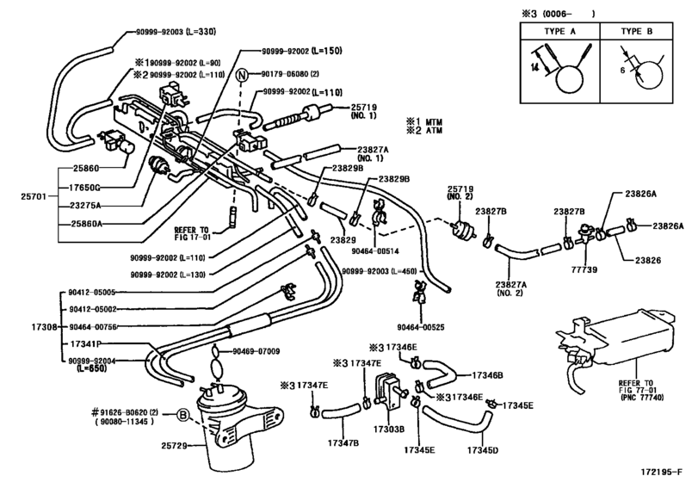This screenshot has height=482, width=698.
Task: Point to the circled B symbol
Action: pos(183,415)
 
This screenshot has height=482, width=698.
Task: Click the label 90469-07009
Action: pos(261,352)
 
